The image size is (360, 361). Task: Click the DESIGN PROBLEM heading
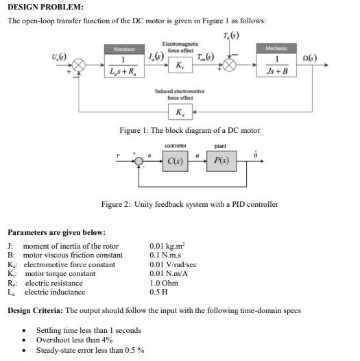point(45,7)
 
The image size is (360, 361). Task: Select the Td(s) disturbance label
point(231,36)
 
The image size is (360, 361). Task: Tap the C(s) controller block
point(176,162)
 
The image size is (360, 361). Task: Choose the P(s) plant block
point(221,162)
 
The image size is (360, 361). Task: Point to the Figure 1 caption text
point(189,130)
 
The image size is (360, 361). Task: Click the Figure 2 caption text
point(189,204)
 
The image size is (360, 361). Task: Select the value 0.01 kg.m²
point(167,246)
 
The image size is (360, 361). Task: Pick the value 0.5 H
point(158,292)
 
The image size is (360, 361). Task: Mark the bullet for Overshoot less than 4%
point(25,340)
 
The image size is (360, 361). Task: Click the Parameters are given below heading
point(56,233)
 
